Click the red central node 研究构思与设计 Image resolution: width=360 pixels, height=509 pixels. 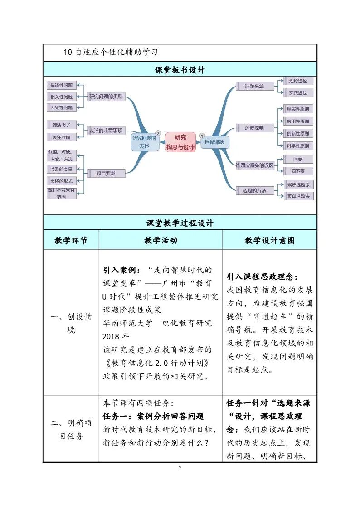pyautogui.click(x=180, y=142)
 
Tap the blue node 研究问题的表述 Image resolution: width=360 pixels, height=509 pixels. pyautogui.click(x=144, y=142)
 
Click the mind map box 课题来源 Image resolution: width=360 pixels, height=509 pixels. pyautogui.click(x=254, y=86)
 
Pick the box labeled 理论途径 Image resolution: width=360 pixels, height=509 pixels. pyautogui.click(x=298, y=81)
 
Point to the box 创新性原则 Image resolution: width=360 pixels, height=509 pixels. pyautogui.click(x=297, y=134)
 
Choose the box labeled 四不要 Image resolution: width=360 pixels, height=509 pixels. pyautogui.click(x=297, y=171)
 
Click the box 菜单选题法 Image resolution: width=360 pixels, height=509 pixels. pyautogui.click(x=298, y=196)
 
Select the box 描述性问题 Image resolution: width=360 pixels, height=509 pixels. pyautogui.click(x=62, y=85)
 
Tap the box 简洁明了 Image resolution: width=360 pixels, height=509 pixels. pyautogui.click(x=62, y=125)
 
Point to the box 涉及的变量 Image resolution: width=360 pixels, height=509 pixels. pyautogui.click(x=62, y=169)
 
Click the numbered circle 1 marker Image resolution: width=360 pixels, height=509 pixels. pyautogui.click(x=202, y=134)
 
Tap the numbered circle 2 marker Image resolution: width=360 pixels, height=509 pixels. pyautogui.click(x=158, y=133)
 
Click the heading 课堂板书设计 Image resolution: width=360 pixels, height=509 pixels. pyautogui.click(x=180, y=70)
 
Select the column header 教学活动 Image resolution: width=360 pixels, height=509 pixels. pyautogui.click(x=161, y=240)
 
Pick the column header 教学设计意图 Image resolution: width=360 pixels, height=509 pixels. pyautogui.click(x=269, y=240)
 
